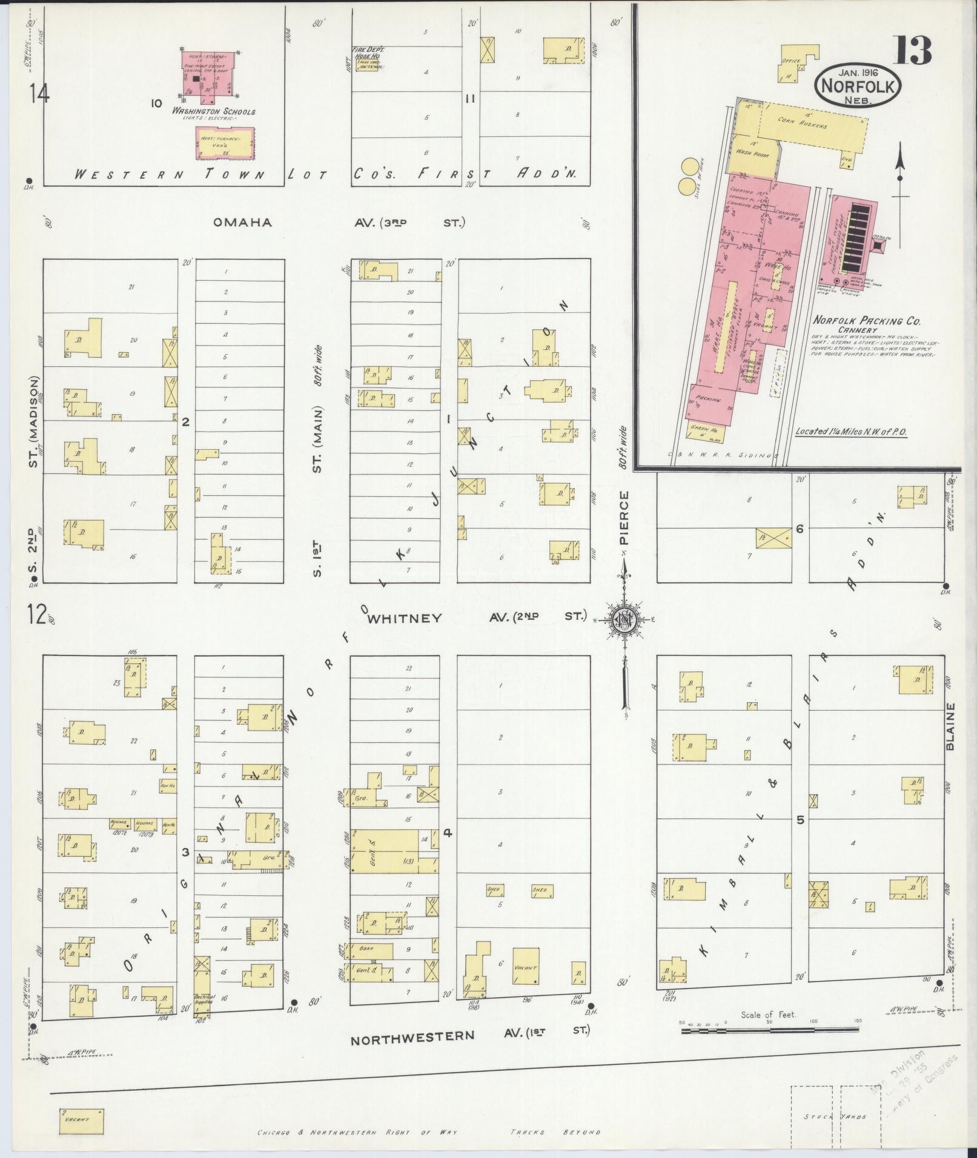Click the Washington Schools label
click(x=213, y=111)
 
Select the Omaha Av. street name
click(x=242, y=222)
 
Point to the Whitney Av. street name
click(x=405, y=618)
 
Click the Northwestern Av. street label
click(x=412, y=1035)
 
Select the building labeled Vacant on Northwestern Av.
click(x=525, y=968)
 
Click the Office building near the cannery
click(x=793, y=64)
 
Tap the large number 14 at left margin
click(x=38, y=94)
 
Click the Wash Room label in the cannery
click(x=752, y=154)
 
